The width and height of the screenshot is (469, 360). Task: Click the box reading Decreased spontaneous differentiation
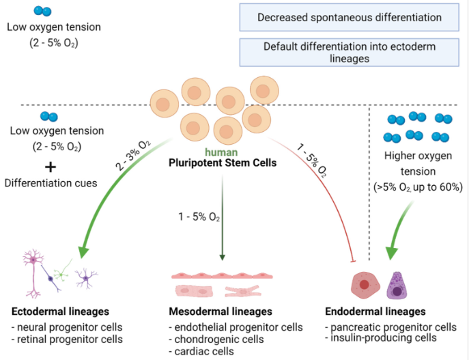[349, 17]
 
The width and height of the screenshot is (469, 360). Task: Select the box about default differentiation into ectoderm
[349, 53]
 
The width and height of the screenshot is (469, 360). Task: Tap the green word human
[221, 152]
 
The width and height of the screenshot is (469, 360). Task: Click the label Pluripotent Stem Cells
[223, 163]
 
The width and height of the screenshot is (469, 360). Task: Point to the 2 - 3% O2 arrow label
[133, 155]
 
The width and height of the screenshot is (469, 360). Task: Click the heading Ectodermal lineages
[61, 311]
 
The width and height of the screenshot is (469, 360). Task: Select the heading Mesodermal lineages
[221, 311]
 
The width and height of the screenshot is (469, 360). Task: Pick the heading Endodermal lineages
[375, 311]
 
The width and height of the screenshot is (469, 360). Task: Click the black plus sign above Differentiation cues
[51, 167]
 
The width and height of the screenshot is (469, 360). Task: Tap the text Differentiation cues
[51, 183]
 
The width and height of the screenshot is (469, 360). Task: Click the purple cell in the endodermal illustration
[397, 286]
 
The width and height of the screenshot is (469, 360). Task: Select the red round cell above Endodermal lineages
[365, 285]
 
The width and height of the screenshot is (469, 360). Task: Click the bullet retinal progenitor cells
[68, 340]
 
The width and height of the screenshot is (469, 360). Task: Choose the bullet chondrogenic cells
[216, 340]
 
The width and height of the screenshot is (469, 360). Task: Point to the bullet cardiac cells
[201, 351]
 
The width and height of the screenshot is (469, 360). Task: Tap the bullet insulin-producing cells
[381, 338]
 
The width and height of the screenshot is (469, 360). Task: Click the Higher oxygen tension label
[418, 163]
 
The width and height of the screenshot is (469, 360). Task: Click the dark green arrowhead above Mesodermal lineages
[223, 258]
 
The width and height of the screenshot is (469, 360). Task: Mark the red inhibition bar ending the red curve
[353, 262]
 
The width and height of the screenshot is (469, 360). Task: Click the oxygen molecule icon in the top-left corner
[42, 11]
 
